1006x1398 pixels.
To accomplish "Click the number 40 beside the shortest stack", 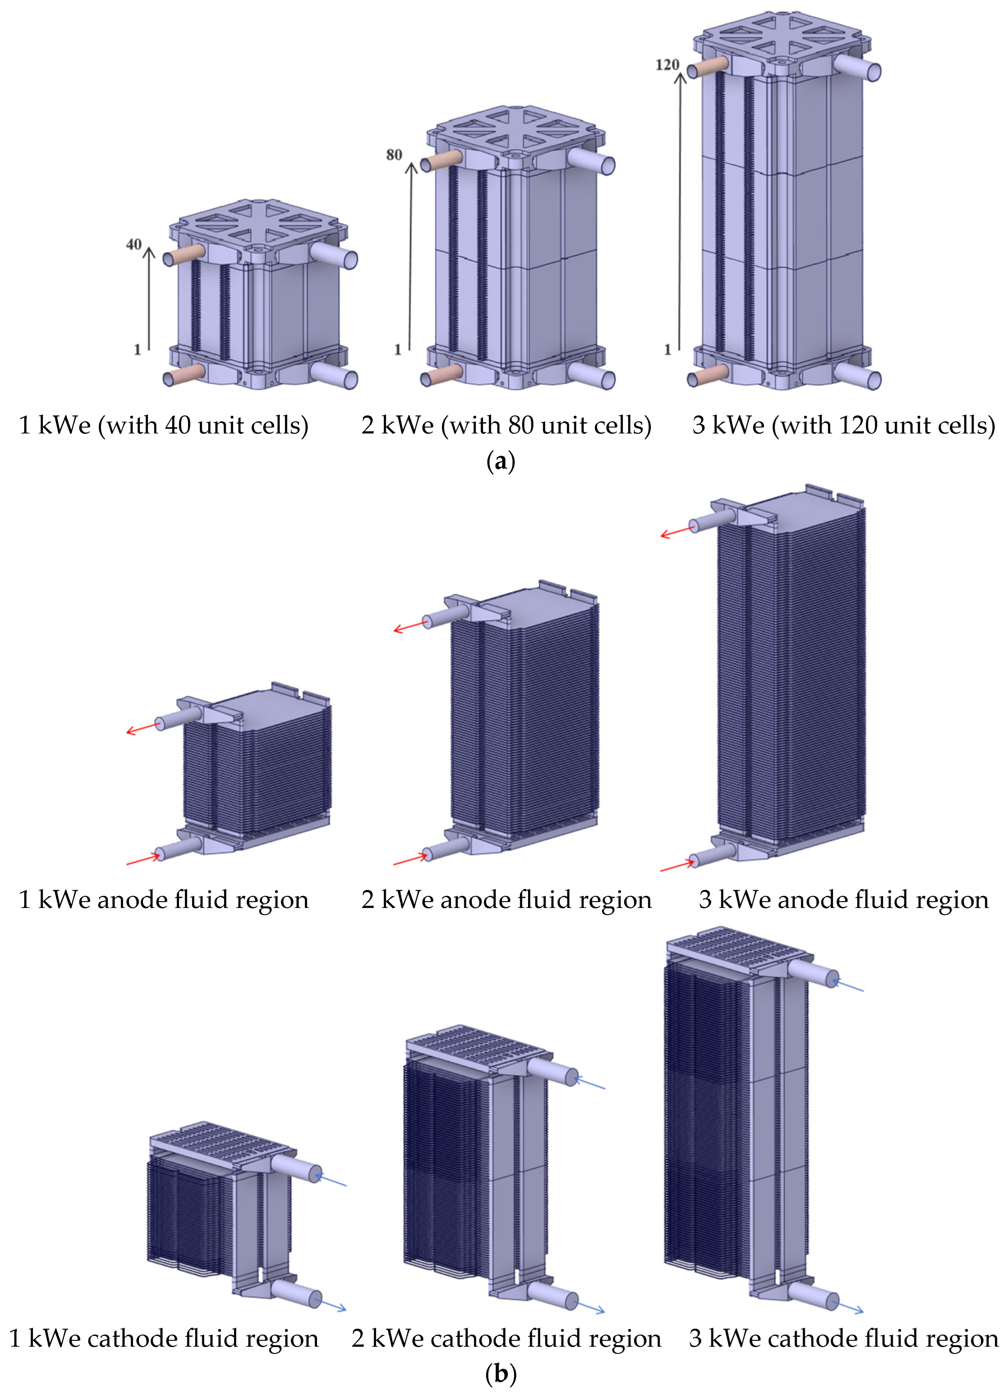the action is pyautogui.click(x=134, y=245).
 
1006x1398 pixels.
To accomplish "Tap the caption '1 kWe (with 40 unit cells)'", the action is pyautogui.click(x=163, y=425).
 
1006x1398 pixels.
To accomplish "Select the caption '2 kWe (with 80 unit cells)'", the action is pyautogui.click(x=506, y=425).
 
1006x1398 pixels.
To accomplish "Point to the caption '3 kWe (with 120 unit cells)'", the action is pyautogui.click(x=843, y=425).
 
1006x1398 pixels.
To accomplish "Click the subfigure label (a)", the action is pyautogui.click(x=501, y=461).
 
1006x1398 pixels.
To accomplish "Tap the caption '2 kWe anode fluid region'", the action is pyautogui.click(x=506, y=900).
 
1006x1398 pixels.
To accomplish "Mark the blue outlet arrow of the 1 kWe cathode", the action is pyautogui.click(x=330, y=1304).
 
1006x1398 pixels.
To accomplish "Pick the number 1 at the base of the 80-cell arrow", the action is pyautogui.click(x=397, y=349).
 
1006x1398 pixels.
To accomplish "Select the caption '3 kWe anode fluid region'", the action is pyautogui.click(x=843, y=900).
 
